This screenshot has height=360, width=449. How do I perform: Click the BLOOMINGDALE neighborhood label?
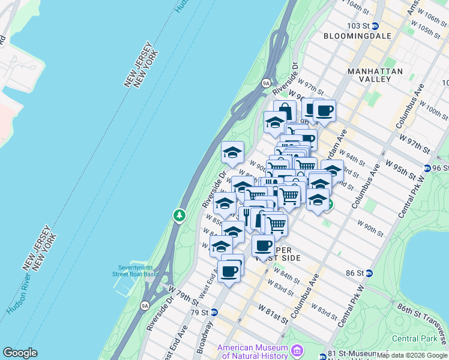tap(357, 36)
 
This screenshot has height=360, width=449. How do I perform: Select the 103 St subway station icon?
tap(375, 26)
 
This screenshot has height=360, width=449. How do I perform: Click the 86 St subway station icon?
tap(369, 273)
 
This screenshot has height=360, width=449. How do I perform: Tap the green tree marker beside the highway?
tap(178, 215)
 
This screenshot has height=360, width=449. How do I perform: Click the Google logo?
tap(20, 353)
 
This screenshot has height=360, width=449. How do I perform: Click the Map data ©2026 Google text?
tap(412, 355)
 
